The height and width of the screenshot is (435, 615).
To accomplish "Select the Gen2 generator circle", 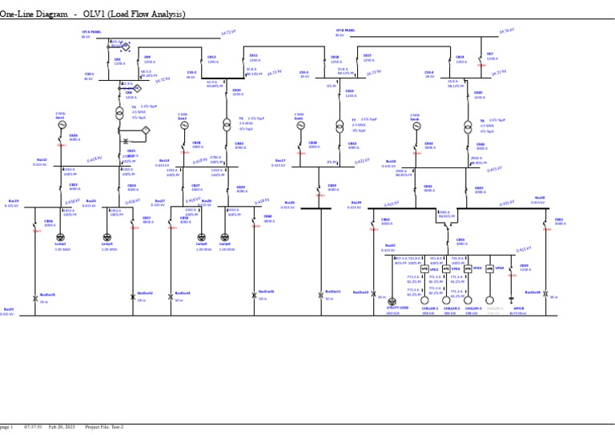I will [183, 125].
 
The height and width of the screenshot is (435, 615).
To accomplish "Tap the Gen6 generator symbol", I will [415, 126].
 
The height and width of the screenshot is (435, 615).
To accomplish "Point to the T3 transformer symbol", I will [125, 111].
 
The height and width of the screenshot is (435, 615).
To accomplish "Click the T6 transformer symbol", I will [226, 124].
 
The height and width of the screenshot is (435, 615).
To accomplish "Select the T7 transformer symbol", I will [340, 125].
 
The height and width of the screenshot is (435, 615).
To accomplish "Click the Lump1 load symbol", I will [61, 237].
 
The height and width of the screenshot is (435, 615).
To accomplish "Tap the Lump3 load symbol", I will [107, 237].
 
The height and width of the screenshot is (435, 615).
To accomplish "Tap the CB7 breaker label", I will [491, 54].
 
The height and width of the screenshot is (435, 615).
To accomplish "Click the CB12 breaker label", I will [212, 57].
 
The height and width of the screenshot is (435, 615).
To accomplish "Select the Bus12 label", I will [42, 160].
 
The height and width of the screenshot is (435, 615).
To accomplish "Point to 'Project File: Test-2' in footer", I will [104, 427].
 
